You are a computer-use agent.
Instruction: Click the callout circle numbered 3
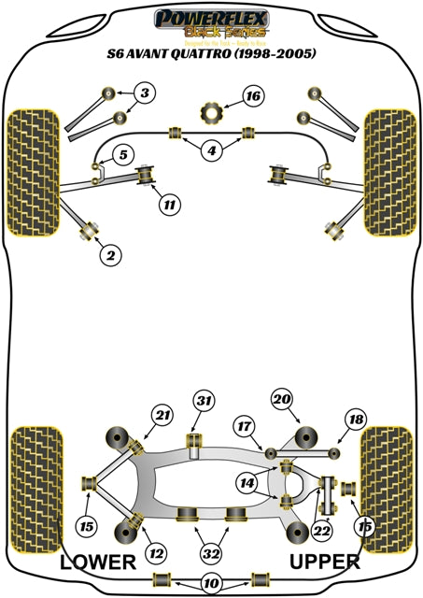[x=145, y=93]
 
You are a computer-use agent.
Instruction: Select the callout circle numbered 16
[x=252, y=95]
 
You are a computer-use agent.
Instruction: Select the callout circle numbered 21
[x=162, y=415]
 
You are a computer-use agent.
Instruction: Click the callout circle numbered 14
[x=247, y=483]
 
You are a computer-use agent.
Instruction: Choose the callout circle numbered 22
[x=323, y=531]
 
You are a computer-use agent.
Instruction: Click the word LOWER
[x=97, y=562]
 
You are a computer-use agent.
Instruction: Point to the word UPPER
[x=324, y=562]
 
